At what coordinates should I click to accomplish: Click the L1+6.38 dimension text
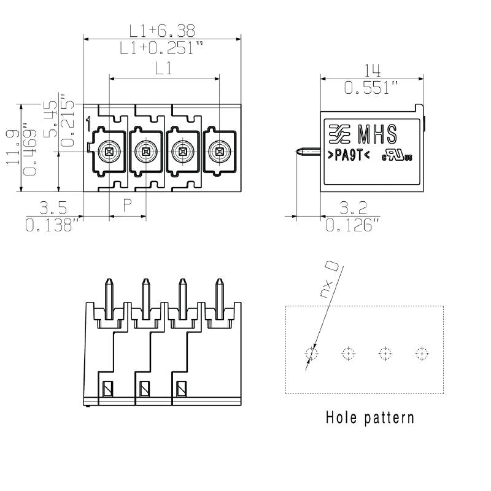pyautogui.click(x=161, y=30)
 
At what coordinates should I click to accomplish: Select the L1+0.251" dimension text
pyautogui.click(x=161, y=48)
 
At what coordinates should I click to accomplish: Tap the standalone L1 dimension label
pyautogui.click(x=163, y=69)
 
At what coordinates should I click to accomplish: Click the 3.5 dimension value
pyautogui.click(x=53, y=207)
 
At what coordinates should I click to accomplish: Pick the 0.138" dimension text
pyautogui.click(x=53, y=225)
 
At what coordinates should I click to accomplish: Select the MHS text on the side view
pyautogui.click(x=377, y=133)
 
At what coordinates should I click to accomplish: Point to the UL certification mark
pyautogui.click(x=397, y=156)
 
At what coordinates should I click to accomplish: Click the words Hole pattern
pyautogui.click(x=369, y=419)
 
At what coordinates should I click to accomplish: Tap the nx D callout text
pyautogui.click(x=330, y=279)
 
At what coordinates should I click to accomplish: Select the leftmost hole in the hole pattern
pyautogui.click(x=312, y=354)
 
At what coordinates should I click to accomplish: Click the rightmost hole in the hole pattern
pyautogui.click(x=421, y=354)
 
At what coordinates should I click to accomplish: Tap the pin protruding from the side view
pyautogui.click(x=309, y=151)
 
